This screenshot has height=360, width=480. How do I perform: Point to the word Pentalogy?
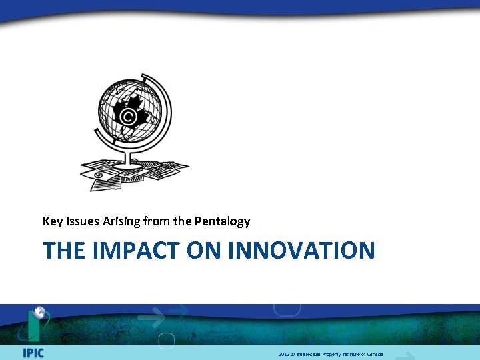pos(223,221)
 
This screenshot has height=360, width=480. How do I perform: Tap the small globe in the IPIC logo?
pos(39,312)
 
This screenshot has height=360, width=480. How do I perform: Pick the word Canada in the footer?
pos(375,354)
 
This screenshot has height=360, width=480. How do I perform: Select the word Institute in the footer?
pos(351,354)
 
